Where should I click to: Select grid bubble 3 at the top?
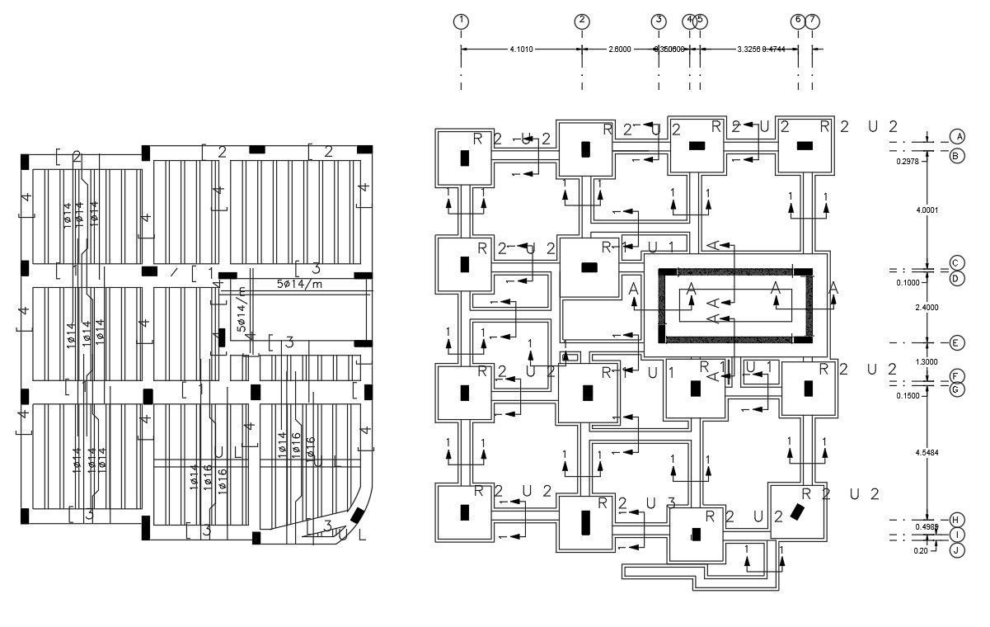(x=658, y=21)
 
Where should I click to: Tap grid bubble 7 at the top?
(x=813, y=21)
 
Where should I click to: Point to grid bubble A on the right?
(x=957, y=136)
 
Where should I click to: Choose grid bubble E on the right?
(x=957, y=342)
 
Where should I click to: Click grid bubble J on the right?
(x=957, y=550)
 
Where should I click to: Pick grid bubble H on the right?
(x=957, y=519)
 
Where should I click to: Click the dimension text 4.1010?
(x=521, y=49)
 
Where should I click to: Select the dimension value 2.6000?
(x=619, y=49)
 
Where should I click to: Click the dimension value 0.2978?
(x=908, y=162)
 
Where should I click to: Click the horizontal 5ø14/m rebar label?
(x=299, y=283)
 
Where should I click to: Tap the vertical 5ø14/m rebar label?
(x=242, y=310)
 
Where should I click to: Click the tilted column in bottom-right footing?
(x=797, y=512)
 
